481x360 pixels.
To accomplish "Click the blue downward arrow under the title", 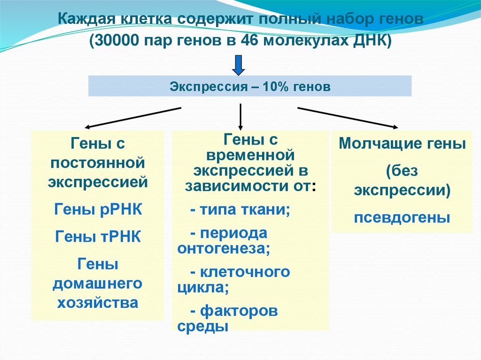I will click(239, 65).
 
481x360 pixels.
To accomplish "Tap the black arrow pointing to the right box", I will click(348, 117).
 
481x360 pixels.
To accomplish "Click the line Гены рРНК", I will click(98, 209).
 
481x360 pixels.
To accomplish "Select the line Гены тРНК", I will click(98, 236).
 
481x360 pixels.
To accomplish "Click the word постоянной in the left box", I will click(98, 162).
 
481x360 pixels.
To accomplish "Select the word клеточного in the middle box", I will click(245, 272).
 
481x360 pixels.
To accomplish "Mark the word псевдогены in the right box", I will click(402, 218).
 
